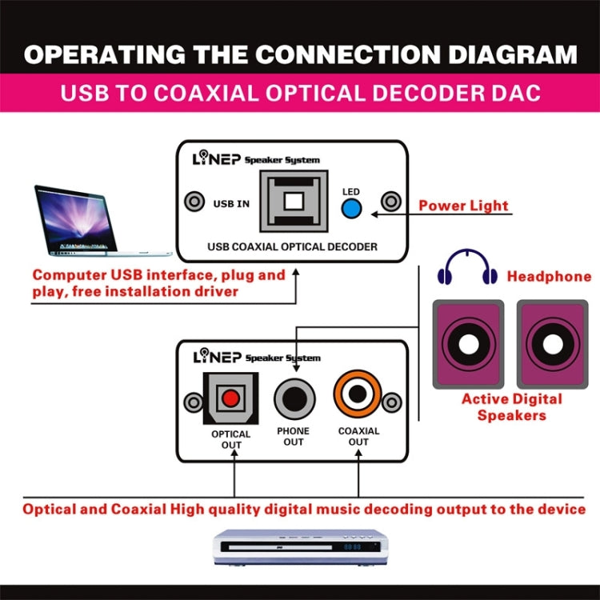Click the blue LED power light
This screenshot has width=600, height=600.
point(350,208)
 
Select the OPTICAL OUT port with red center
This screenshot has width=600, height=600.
point(231,398)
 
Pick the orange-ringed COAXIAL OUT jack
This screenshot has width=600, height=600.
point(358,394)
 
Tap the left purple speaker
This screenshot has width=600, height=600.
point(468,343)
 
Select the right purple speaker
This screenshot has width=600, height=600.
point(552,343)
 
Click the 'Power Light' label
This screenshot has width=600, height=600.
point(463,206)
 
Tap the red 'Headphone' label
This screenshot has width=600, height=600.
point(549,277)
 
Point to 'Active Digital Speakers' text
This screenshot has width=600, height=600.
point(512,406)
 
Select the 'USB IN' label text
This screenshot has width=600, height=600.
point(231,203)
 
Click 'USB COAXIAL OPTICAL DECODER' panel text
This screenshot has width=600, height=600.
point(292,246)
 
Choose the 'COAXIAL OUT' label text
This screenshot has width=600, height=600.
point(358,437)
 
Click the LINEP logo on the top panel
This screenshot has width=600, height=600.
point(217,158)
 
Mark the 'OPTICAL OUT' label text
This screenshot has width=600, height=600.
point(231,440)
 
